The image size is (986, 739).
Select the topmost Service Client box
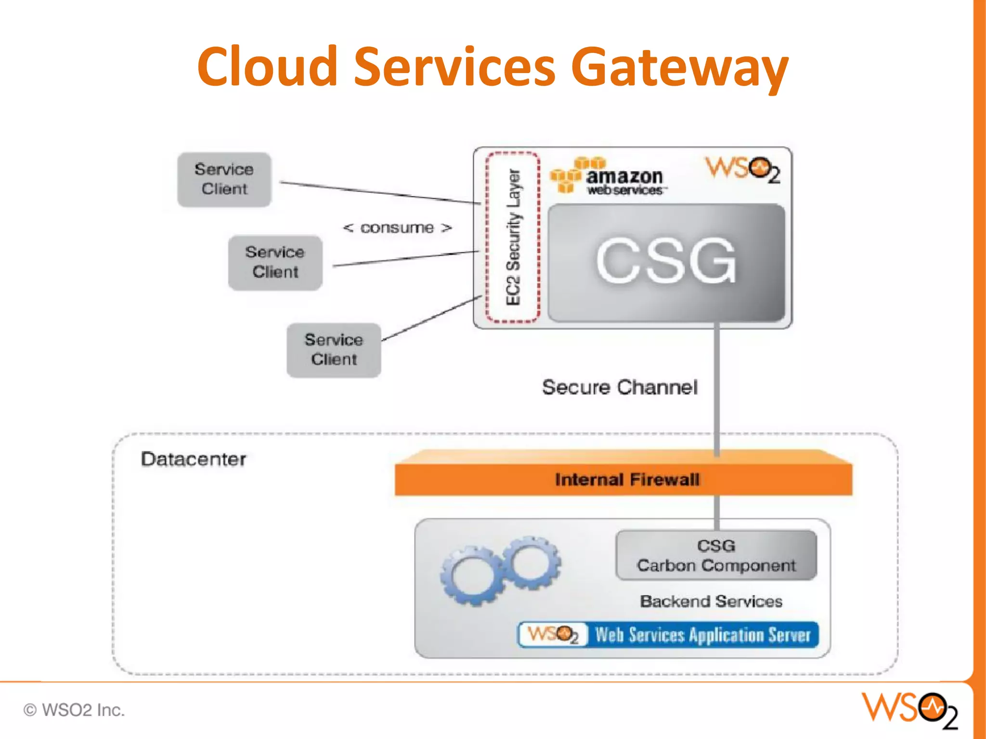click(x=224, y=179)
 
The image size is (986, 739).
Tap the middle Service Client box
click(x=275, y=262)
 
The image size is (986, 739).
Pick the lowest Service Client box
click(x=334, y=350)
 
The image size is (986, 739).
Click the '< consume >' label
click(x=397, y=228)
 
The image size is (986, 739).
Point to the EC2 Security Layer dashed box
click(x=513, y=237)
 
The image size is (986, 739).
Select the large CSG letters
click(x=666, y=261)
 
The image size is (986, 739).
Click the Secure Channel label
click(x=620, y=387)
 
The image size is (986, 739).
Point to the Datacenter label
click(x=193, y=459)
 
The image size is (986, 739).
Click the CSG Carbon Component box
click(x=716, y=555)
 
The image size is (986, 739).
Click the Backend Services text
click(x=711, y=601)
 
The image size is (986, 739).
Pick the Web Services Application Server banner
click(x=668, y=635)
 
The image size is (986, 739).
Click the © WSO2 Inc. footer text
click(x=74, y=710)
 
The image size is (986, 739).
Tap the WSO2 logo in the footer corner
click(x=909, y=710)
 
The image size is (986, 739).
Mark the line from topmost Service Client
click(x=380, y=193)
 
